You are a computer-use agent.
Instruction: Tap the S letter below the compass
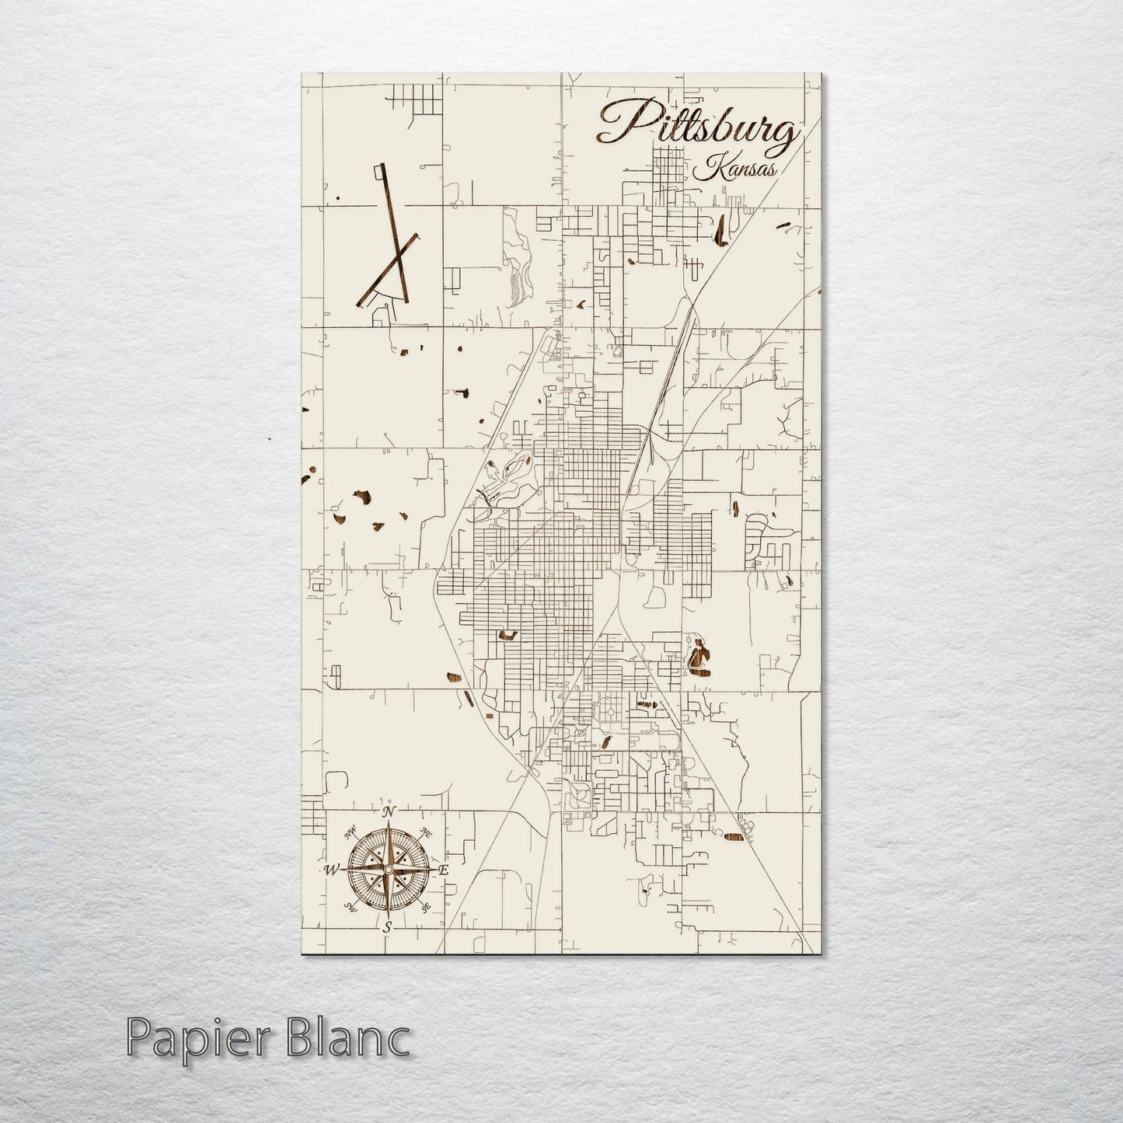point(387,926)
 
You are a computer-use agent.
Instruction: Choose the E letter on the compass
point(444,870)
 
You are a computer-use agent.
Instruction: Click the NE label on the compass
point(426,832)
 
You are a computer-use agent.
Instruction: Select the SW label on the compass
point(350,907)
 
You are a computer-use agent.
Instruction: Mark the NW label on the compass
point(351,832)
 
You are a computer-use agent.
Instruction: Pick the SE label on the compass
point(425,907)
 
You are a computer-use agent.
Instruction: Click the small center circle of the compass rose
point(388,869)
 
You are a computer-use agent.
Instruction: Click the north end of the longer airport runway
point(380,166)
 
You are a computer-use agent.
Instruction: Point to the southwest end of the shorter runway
point(358,304)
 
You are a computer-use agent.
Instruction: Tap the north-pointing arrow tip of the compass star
point(389,825)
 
